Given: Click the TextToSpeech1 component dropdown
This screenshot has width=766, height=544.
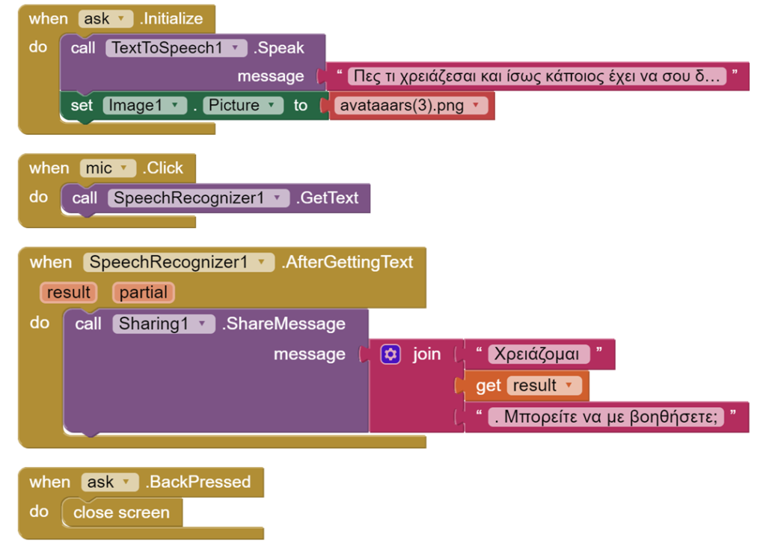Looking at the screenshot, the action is (x=176, y=48).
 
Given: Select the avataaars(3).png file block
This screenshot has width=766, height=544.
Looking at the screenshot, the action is (x=411, y=106).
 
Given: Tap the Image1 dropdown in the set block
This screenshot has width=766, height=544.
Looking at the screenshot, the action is (x=144, y=106).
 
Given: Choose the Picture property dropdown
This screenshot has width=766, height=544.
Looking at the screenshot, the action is (x=243, y=106).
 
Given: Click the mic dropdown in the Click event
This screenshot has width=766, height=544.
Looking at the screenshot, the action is (x=108, y=168).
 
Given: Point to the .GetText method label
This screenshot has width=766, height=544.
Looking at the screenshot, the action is (x=328, y=198).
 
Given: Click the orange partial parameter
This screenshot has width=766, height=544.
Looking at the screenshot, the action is (x=144, y=293).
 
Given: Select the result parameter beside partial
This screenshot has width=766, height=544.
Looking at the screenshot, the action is (x=68, y=293).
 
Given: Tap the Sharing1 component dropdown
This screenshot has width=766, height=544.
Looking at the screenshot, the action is (x=164, y=324).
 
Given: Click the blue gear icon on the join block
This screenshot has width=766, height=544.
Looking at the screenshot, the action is (x=390, y=355).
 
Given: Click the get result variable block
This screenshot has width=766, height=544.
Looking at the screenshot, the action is (x=522, y=385).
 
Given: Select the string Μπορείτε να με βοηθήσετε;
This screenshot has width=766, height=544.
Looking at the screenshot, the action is (x=606, y=417).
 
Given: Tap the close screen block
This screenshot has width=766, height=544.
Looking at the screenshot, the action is (x=122, y=513).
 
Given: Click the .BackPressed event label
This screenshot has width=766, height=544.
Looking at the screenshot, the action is (x=197, y=482).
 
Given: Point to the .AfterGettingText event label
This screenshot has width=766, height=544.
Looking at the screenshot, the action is (x=347, y=263).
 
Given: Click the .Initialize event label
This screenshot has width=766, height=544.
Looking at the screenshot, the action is (x=171, y=19).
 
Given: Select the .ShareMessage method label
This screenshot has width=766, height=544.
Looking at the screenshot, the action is (x=284, y=324).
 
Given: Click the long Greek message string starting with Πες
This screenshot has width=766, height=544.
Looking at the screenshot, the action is (x=537, y=76).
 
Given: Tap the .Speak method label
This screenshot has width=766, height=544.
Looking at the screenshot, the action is (x=278, y=48).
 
